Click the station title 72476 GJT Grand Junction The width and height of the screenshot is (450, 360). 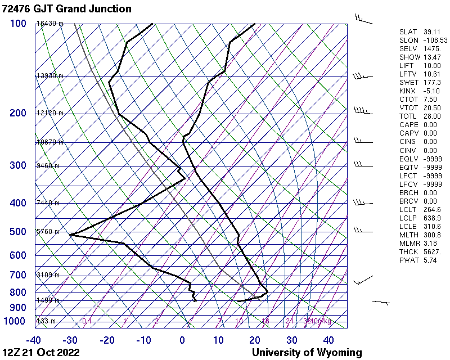coord(67,9)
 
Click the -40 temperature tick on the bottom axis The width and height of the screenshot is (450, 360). coord(34,340)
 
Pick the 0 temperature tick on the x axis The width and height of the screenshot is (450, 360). coord(182,340)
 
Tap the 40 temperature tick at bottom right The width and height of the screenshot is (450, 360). coord(328,340)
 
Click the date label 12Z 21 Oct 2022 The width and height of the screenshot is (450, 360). coord(41,353)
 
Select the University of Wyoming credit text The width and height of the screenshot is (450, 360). coord(307,353)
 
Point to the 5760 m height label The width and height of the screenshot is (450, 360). coord(48,231)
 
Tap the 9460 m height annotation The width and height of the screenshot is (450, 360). coord(48,166)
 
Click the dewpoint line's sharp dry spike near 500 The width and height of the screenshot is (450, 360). coord(70,235)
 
